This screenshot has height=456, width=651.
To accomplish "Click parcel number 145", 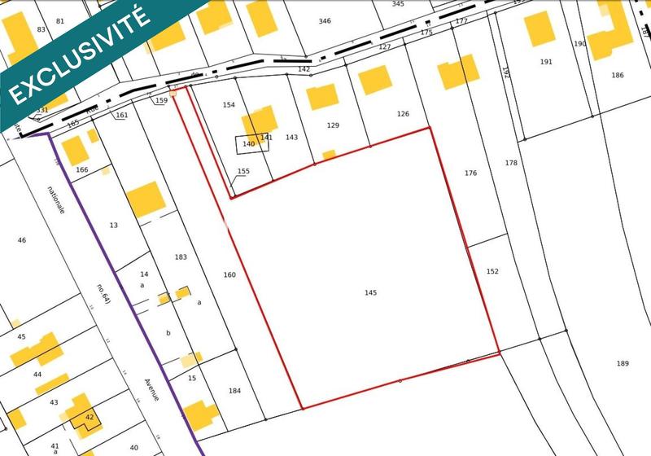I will pyautogui.click(x=371, y=292).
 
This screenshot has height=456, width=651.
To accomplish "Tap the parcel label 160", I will pyautogui.click(x=229, y=275).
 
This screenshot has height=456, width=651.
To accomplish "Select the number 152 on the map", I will pyautogui.click(x=492, y=271).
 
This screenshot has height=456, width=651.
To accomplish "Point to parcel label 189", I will pyautogui.click(x=623, y=362).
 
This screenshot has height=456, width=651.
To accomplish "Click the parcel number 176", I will pyautogui.click(x=470, y=173).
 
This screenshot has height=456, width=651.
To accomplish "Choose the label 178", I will pyautogui.click(x=510, y=163).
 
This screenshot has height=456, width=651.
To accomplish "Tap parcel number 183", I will pyautogui.click(x=181, y=257).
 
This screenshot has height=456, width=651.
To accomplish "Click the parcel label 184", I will pyautogui.click(x=234, y=391).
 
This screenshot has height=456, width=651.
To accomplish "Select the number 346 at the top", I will pyautogui.click(x=325, y=21).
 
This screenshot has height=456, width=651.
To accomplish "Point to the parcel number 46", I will pyautogui.click(x=22, y=240).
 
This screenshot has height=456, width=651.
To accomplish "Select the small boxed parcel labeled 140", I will pyautogui.click(x=248, y=144).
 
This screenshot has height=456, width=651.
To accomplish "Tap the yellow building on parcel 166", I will pyautogui.click(x=74, y=150).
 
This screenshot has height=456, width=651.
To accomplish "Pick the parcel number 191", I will pyautogui.click(x=545, y=62).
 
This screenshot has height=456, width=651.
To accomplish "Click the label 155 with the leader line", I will pyautogui.click(x=243, y=171).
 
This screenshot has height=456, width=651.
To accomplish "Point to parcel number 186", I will pyautogui.click(x=618, y=75).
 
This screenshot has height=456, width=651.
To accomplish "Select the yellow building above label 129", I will pyautogui.click(x=323, y=96).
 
